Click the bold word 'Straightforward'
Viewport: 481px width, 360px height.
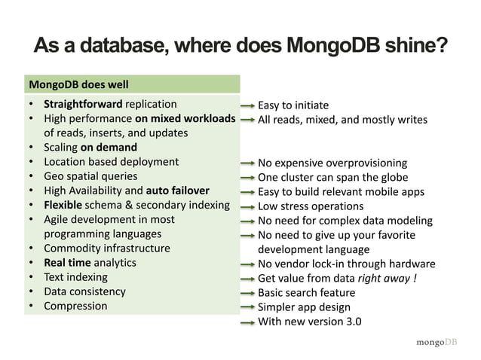tap(83, 104)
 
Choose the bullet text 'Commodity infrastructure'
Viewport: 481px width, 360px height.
tap(106, 248)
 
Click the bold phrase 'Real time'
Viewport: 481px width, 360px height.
tap(67, 262)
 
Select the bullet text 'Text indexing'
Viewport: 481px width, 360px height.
tap(75, 277)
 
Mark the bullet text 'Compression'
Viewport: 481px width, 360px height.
tap(75, 306)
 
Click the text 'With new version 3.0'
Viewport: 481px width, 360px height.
tap(309, 322)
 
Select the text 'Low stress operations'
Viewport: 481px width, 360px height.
tap(311, 206)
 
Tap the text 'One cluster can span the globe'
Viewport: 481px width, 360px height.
tap(332, 178)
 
